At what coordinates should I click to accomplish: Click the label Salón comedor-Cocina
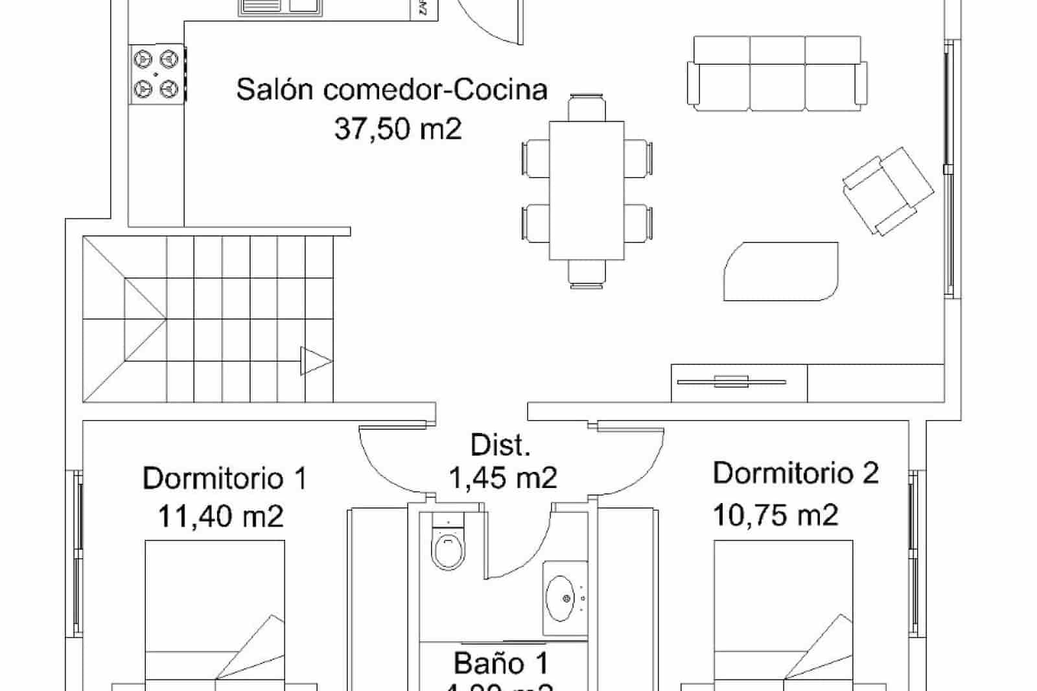(x=391, y=89)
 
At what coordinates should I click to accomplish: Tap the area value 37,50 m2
(x=398, y=129)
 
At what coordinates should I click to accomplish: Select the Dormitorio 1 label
(x=224, y=479)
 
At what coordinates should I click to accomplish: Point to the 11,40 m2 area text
(x=220, y=517)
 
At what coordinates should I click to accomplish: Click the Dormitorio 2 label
(x=795, y=473)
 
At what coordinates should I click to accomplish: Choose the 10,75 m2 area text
(x=775, y=515)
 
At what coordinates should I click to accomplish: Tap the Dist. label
(x=500, y=445)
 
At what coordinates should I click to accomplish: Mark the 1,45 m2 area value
(x=503, y=478)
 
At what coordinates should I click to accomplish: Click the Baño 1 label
(x=501, y=663)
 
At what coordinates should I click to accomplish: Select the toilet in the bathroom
(x=448, y=545)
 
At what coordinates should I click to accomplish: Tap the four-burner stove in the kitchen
(x=156, y=73)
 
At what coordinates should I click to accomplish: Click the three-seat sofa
(x=777, y=73)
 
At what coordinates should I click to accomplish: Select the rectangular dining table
(x=587, y=190)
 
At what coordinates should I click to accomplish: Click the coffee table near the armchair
(x=780, y=272)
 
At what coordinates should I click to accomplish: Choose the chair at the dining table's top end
(x=587, y=107)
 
